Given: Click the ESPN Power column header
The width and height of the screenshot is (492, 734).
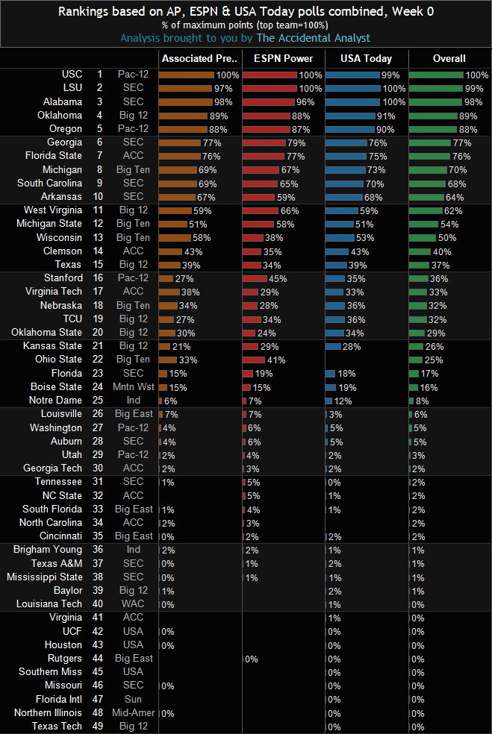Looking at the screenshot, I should pos(284,58).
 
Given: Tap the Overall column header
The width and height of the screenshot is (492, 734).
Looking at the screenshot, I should pos(449,58).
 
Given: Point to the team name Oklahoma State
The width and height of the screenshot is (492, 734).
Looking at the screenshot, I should pos(50,332).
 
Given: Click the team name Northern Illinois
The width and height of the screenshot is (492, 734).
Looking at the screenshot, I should pos(48,712).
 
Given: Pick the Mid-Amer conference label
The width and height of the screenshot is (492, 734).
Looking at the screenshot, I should pos(135,712).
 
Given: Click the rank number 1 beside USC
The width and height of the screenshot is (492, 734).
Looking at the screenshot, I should pos(99,75).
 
